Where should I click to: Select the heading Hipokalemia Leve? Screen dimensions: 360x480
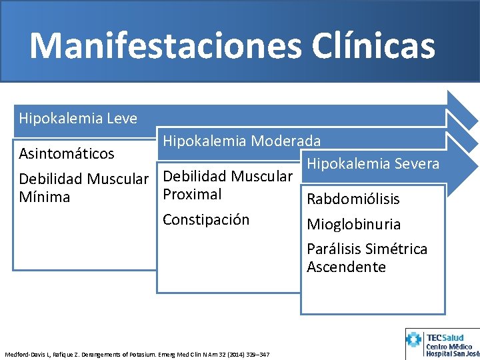tap(78, 119)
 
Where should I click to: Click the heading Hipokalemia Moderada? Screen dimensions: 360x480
tap(242, 141)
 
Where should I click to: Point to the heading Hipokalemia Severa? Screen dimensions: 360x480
tap(371, 163)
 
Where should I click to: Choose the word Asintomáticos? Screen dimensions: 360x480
tap(67, 154)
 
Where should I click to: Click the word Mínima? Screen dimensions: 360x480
tap(45, 197)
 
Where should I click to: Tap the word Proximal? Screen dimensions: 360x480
tap(192, 195)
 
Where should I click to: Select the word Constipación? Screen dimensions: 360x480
tap(206, 220)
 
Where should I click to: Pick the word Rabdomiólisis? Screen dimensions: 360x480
tap(353, 199)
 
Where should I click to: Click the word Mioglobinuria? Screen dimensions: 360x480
tap(354, 224)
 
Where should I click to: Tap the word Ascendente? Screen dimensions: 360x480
tap(346, 267)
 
